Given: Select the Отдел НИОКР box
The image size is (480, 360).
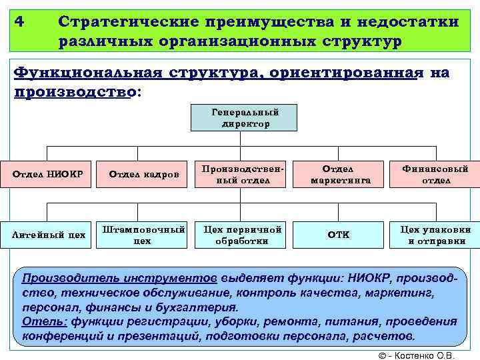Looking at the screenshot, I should [49, 175].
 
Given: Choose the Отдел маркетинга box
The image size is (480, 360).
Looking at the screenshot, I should [340, 175].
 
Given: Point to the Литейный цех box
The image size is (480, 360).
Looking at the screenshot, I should [49, 235].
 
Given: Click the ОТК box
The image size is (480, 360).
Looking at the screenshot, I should [340, 235].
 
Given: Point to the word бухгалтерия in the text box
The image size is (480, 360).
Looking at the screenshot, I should [198, 307].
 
